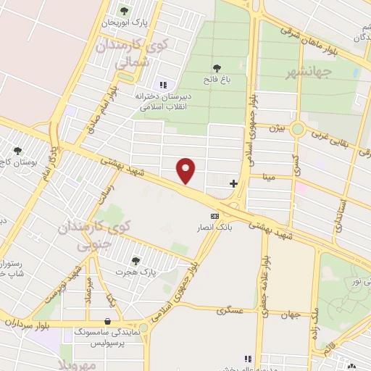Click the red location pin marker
tap(187, 170)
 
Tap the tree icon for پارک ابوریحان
tap(123, 11)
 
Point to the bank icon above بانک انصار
tap(214, 216)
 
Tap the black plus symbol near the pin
tap(233, 183)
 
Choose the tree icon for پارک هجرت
tap(136, 261)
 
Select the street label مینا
tap(269, 175)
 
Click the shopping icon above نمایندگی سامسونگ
tap(108, 321)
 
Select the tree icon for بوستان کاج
tap(18, 151)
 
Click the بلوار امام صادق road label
tap(102, 106)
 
